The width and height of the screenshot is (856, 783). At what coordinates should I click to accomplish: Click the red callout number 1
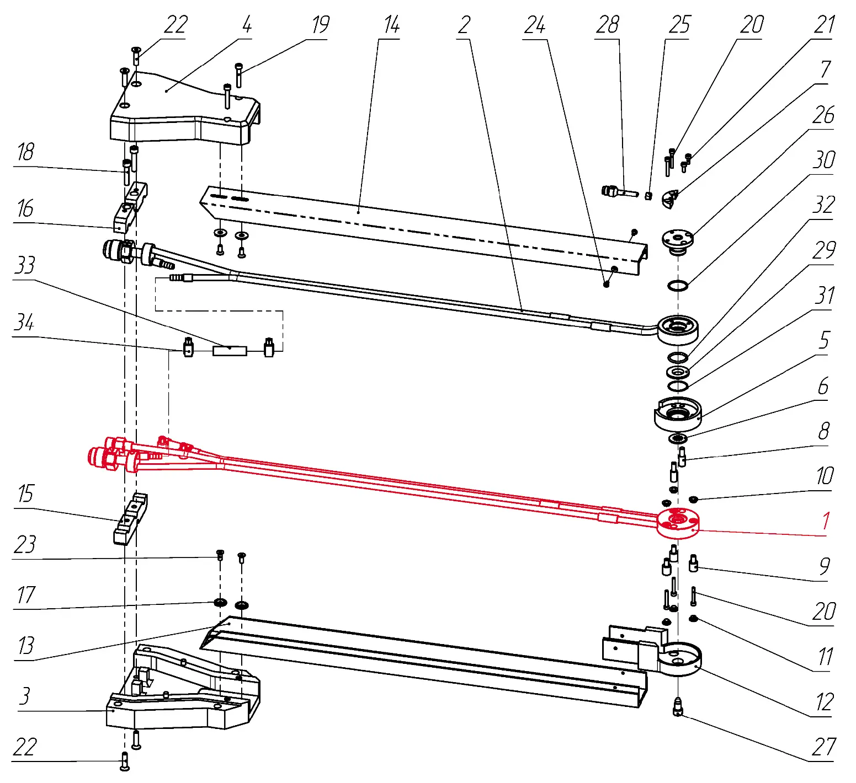[x=826, y=521]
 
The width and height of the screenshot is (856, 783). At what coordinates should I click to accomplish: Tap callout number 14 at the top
[x=391, y=25]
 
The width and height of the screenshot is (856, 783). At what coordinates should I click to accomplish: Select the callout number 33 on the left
[x=25, y=265]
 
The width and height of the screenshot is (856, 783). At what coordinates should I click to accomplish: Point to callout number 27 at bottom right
[x=823, y=747]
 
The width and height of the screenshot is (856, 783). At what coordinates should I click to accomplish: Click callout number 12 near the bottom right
[x=824, y=702]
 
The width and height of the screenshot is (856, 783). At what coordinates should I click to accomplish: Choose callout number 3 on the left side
[x=24, y=696]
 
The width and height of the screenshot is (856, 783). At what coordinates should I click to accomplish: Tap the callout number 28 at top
[x=607, y=25]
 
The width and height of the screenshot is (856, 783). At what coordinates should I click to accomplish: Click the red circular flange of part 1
[x=678, y=523]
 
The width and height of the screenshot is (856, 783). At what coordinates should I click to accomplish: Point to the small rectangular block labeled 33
[x=230, y=350]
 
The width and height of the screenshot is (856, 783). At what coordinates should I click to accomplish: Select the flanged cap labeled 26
[x=678, y=240]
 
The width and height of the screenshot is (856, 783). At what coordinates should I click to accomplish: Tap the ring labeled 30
[x=678, y=286]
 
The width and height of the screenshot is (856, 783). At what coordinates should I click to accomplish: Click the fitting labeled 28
[x=615, y=192]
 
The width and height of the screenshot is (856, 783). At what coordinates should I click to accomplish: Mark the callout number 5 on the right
[x=824, y=341]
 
